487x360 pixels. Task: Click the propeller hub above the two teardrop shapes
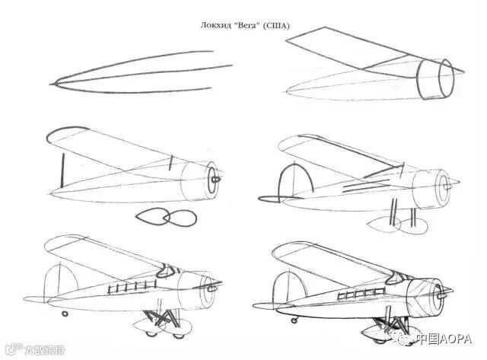pyautogui.click(x=215, y=180)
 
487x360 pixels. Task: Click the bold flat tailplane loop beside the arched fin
pyautogui.click(x=268, y=201)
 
